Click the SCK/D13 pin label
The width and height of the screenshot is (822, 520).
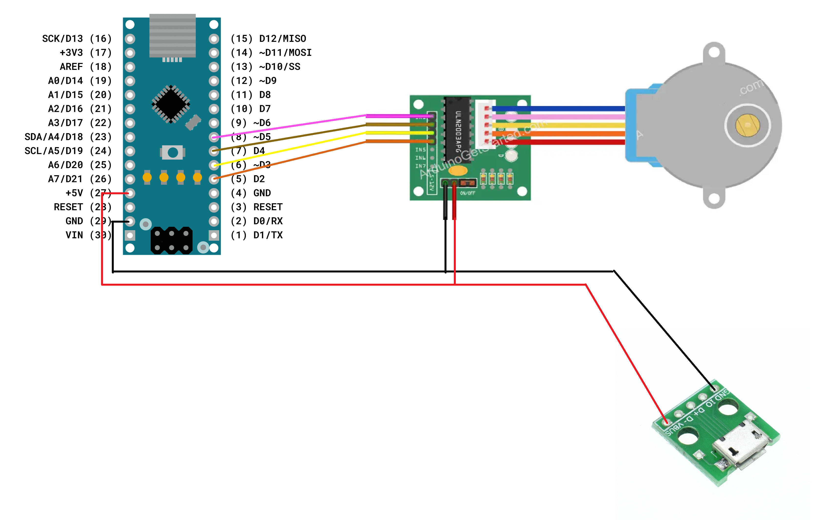(x=62, y=39)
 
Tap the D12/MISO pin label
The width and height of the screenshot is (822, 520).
(x=282, y=39)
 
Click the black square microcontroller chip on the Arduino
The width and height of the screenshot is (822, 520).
(x=171, y=104)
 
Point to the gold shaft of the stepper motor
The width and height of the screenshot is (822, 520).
(x=748, y=125)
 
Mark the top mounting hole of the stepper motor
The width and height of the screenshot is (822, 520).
(x=714, y=52)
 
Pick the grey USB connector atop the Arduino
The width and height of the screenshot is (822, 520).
(x=172, y=36)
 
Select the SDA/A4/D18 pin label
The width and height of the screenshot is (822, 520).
(x=54, y=137)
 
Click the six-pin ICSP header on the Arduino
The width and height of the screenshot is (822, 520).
(x=171, y=240)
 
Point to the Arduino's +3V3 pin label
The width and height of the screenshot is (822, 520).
(x=71, y=53)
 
